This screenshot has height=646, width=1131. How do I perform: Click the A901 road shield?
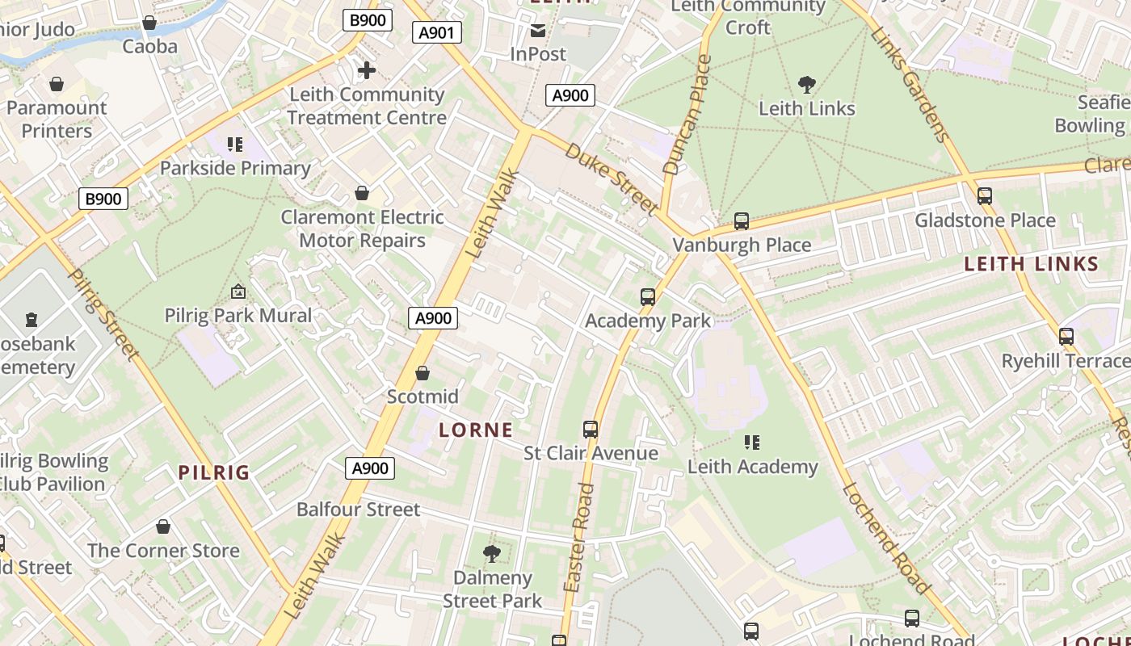click(437, 32)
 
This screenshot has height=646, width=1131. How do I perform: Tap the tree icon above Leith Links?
click(806, 84)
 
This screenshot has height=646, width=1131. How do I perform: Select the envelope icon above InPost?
click(538, 31)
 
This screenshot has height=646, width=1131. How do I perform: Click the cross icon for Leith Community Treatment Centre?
click(367, 71)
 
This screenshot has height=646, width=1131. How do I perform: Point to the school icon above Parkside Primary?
click(235, 145)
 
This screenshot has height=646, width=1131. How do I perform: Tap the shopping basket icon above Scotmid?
click(422, 373)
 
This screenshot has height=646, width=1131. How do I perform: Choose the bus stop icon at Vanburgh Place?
click(742, 221)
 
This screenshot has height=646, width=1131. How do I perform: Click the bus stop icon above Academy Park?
click(648, 297)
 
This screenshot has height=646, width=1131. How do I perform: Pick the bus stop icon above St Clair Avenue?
click(591, 430)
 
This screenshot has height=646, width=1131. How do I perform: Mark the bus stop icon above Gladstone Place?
click(984, 196)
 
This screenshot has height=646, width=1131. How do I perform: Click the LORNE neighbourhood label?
click(476, 430)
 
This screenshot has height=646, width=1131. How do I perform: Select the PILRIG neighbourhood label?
click(214, 473)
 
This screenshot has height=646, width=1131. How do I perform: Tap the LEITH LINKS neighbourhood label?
click(1032, 264)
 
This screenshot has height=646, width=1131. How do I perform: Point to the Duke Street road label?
click(612, 179)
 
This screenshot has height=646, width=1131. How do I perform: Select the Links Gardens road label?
click(910, 83)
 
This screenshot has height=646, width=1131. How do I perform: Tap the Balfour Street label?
click(358, 510)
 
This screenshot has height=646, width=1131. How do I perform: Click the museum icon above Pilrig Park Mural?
click(238, 292)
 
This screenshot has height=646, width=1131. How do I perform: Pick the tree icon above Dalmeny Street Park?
click(491, 554)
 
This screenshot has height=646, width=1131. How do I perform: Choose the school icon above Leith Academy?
click(752, 443)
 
